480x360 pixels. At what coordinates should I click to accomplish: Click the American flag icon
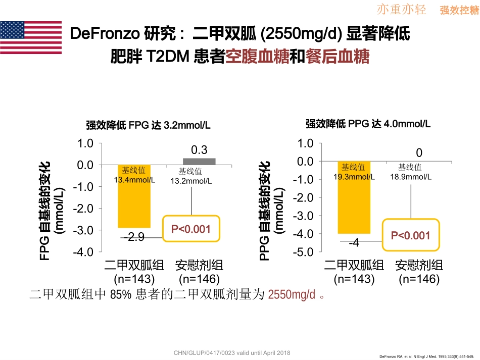pos(31,37)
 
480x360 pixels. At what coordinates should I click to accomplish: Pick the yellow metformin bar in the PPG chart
pos(354,197)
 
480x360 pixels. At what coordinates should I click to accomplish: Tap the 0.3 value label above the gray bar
pos(199,150)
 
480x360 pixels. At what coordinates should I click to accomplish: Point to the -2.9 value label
pos(134,237)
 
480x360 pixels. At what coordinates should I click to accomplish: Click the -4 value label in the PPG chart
pos(354,243)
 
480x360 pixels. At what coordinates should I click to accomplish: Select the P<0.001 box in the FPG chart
pos(190,230)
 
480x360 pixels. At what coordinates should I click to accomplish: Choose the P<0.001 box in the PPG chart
pos(411,235)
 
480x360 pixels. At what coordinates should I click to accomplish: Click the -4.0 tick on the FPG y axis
pos(83,251)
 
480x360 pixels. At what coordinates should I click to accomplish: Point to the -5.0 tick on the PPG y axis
pos(303,251)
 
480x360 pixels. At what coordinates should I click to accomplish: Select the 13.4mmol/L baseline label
pos(134,180)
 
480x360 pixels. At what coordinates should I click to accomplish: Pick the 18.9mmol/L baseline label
pos(411,177)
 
